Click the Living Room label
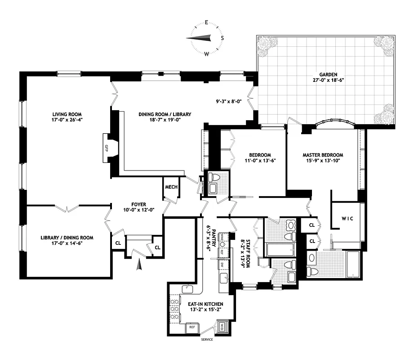(67, 114)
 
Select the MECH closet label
(171, 187)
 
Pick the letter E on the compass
(206, 22)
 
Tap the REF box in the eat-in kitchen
(191, 327)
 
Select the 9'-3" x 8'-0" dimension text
(229, 101)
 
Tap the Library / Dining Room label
(67, 238)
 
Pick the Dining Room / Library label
(165, 114)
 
